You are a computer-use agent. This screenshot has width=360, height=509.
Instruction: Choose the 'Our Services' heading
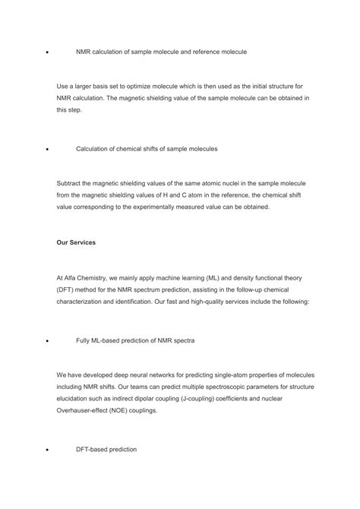coord(75,243)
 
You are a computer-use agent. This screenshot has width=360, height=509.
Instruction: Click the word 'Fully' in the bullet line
coord(85,340)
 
